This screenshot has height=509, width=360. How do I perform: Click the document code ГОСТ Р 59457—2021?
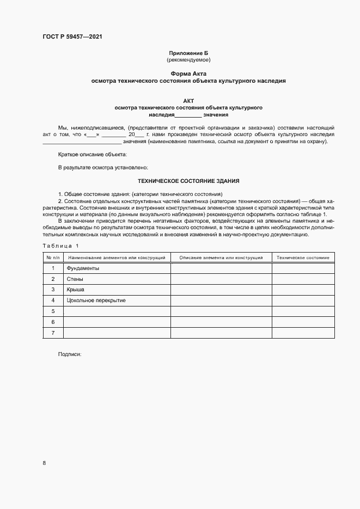(72, 37)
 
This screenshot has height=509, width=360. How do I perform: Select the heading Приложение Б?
(188, 53)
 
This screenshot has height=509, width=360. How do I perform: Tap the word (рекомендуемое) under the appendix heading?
(188, 59)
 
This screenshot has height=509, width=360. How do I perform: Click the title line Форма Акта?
(188, 73)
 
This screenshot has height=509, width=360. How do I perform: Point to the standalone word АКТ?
(188, 101)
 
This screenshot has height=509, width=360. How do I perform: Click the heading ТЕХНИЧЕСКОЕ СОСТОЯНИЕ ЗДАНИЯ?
(188, 181)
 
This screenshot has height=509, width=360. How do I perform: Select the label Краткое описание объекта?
(92, 155)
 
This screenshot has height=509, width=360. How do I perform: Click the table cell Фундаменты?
(83, 268)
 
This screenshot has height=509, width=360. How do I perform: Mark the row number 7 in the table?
(53, 332)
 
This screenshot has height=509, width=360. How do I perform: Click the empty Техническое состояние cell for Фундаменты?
(303, 268)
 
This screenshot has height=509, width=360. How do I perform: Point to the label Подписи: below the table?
(69, 354)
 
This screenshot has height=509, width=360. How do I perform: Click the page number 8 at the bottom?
(44, 463)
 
